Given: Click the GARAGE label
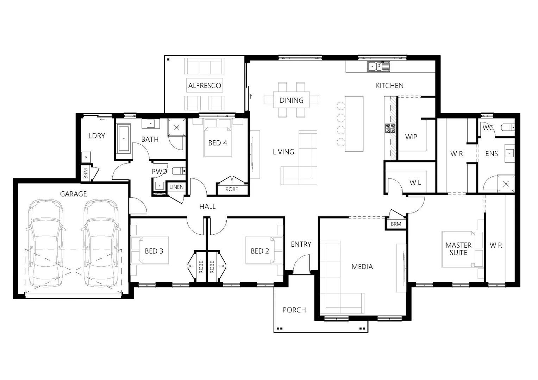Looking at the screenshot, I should [73, 194].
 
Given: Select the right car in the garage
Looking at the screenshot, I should [101, 243].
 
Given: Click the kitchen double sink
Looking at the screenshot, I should [376, 66].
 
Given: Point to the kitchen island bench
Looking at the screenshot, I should [354, 124].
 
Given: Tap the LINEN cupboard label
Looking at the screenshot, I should [176, 187].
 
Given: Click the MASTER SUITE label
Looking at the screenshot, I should [458, 249].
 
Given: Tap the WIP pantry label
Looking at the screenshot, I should [411, 137].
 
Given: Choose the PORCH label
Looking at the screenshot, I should [294, 310].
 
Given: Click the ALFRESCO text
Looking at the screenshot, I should [205, 85].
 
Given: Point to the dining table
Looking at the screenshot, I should [292, 100].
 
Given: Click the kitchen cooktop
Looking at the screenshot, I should [390, 128].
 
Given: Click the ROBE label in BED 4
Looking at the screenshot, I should [231, 189].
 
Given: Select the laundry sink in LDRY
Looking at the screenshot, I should [86, 157].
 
